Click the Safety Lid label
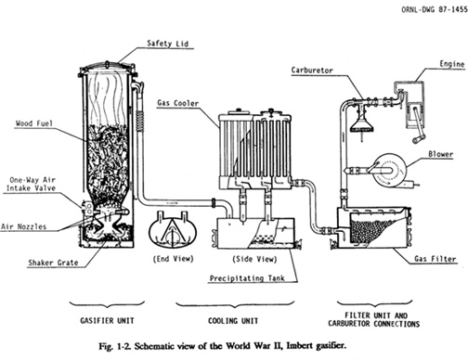click(x=167, y=44)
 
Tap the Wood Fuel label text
click(x=34, y=123)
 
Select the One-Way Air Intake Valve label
click(x=32, y=184)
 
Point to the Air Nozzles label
click(x=23, y=226)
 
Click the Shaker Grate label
click(x=53, y=263)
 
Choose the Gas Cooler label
click(x=178, y=103)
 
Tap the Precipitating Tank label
click(x=247, y=278)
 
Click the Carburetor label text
click(x=312, y=71)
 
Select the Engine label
click(x=452, y=64)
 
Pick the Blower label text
click(x=441, y=154)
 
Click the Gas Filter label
click(x=435, y=259)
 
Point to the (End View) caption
click(x=174, y=259)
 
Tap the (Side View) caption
click(x=254, y=259)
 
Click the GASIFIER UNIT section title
click(x=107, y=320)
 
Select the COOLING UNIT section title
click(x=233, y=321)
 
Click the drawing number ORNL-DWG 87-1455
click(x=435, y=9)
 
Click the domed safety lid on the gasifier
click(x=107, y=66)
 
